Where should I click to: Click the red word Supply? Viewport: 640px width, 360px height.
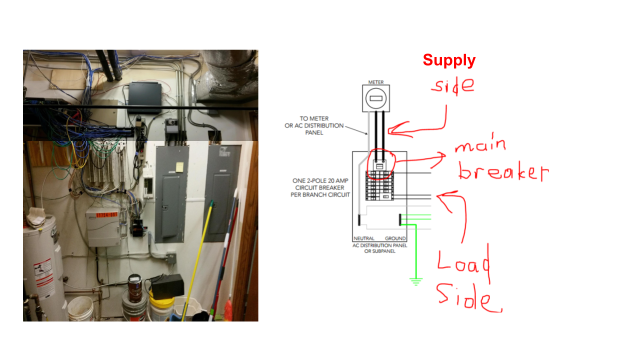click(x=449, y=60)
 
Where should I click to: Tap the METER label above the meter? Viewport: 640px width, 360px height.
click(x=376, y=81)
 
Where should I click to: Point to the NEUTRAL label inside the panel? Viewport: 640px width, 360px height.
click(x=363, y=238)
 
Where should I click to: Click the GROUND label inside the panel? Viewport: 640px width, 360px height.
click(x=395, y=238)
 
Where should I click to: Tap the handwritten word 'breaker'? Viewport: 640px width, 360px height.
click(x=502, y=171)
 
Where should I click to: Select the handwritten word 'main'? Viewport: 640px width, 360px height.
click(x=480, y=146)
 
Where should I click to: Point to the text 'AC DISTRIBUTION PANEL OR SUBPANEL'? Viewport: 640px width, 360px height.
click(x=379, y=248)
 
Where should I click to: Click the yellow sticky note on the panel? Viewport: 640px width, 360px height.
click(x=179, y=167)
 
